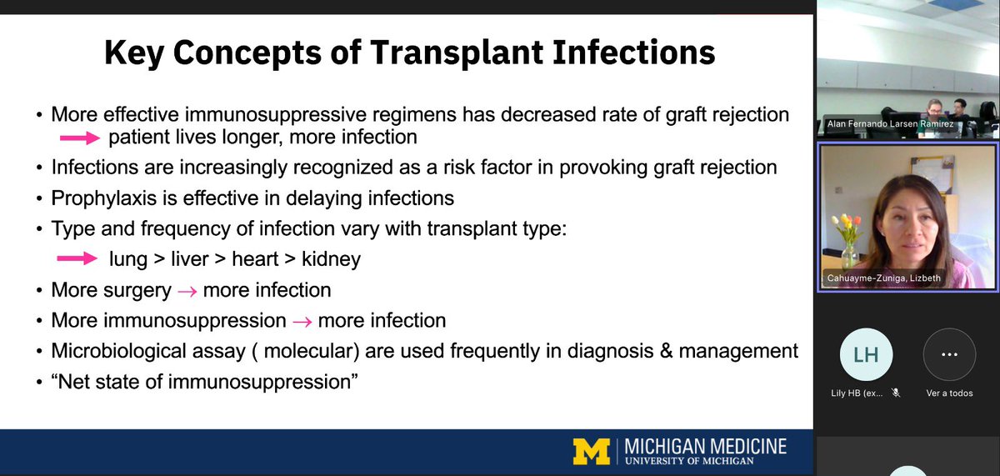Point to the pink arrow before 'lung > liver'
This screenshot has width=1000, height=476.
click(77, 259)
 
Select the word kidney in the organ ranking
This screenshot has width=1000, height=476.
click(332, 259)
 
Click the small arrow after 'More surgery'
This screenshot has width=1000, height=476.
click(187, 291)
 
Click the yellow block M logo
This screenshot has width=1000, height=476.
click(592, 450)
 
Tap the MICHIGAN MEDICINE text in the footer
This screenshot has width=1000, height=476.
click(705, 445)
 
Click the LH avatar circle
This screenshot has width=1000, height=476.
click(866, 354)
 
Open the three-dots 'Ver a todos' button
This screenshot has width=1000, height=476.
click(948, 354)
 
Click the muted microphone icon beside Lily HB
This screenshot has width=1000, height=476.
click(896, 393)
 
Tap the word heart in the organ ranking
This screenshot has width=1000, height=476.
click(256, 259)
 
